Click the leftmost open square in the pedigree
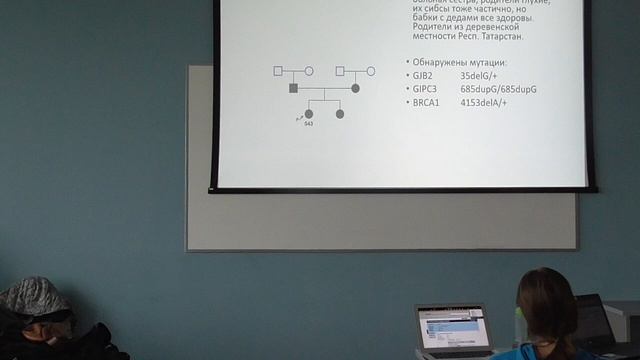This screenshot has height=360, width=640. pos(279,71)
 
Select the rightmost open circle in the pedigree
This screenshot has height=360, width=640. pos(370,71)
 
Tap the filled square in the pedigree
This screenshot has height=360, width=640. pos(294,89)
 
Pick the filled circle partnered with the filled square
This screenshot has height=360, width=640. pos(355,89)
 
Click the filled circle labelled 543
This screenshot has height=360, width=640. pos(309,114)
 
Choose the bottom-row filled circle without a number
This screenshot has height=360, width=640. pos(340,114)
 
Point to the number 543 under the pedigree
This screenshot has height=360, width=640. pos(309,124)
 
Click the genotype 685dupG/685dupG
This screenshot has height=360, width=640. pos(499,89)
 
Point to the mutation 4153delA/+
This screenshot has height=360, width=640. pos(485,102)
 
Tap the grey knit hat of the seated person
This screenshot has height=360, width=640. pos(33,298)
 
